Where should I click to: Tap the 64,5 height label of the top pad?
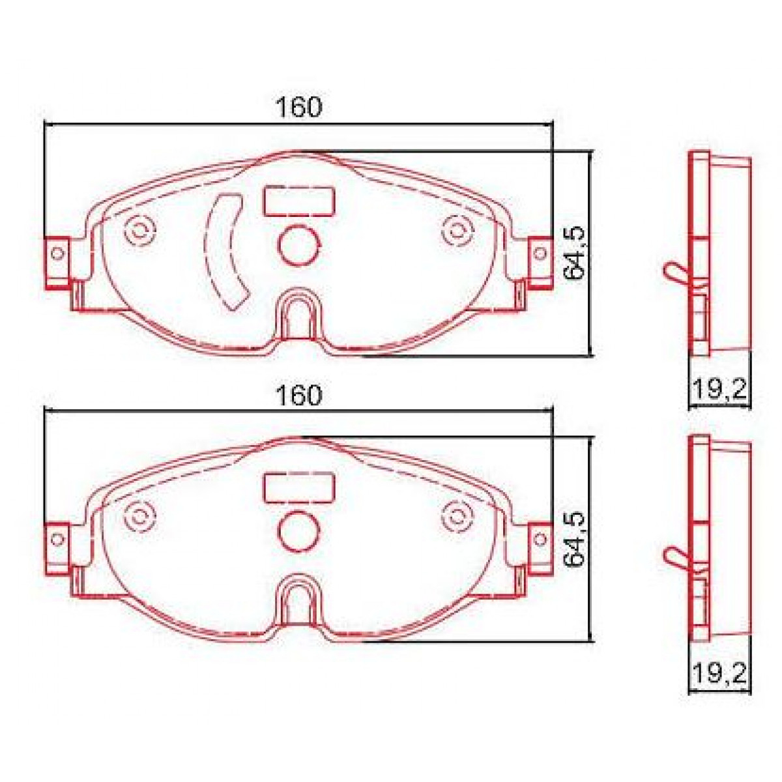coord(575,254)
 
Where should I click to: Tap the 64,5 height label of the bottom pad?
coord(575,540)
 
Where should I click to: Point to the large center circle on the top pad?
coord(299,244)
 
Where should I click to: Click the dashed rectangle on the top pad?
coord(299,201)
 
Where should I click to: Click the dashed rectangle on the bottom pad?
coord(299,487)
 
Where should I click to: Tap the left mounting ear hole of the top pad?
coord(58,253)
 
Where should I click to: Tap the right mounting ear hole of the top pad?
coord(540,253)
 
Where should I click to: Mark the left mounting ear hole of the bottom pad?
coord(58,538)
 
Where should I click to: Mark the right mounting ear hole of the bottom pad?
coord(540,538)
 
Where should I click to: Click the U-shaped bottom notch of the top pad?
coord(299,316)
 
